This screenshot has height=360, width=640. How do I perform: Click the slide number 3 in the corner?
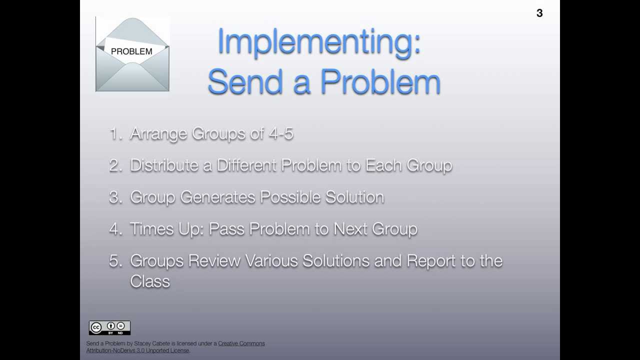click(539, 13)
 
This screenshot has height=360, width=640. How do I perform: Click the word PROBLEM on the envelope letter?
click(131, 51)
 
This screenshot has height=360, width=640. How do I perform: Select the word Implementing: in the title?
click(319, 42)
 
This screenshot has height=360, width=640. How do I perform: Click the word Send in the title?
click(245, 82)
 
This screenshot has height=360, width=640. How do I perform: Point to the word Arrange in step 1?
click(158, 134)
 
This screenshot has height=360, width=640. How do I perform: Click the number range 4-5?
click(281, 134)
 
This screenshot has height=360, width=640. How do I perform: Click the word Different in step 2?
click(246, 165)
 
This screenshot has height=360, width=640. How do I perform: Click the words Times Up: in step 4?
click(166, 229)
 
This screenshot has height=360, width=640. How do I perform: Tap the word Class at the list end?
click(150, 281)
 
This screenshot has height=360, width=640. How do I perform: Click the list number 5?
click(114, 261)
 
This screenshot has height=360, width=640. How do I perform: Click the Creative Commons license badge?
click(109, 327)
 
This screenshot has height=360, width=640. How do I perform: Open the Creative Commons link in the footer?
click(241, 343)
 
